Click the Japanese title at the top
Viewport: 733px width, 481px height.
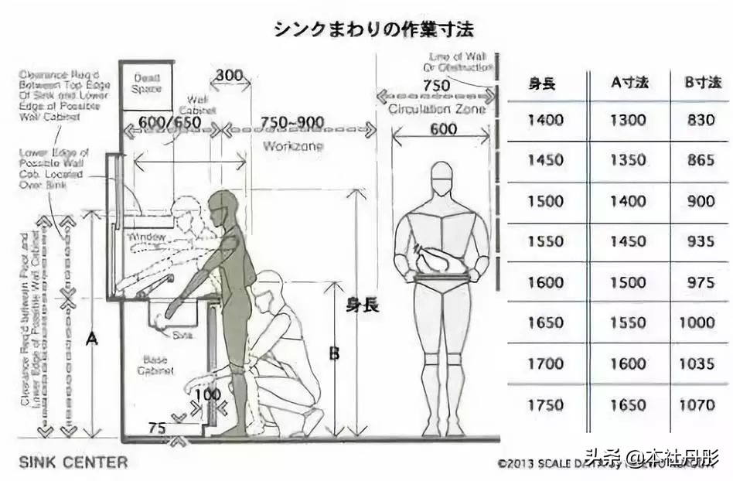(373, 29)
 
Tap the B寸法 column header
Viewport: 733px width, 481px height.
(700, 84)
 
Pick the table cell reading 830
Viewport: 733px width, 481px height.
(700, 121)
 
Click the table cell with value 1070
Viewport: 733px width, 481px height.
(697, 404)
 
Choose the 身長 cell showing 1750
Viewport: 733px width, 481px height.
(545, 404)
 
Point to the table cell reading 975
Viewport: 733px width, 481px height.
(700, 283)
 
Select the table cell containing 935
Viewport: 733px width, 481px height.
(700, 242)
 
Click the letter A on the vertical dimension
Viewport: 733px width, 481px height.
(92, 338)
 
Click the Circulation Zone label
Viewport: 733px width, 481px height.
(438, 110)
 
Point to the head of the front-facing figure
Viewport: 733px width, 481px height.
(441, 179)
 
